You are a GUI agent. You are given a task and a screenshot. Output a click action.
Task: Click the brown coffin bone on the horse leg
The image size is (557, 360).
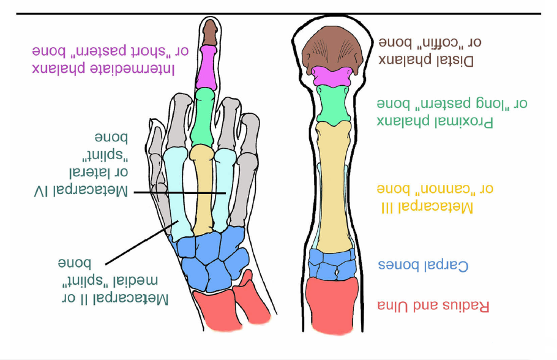[x=333, y=50]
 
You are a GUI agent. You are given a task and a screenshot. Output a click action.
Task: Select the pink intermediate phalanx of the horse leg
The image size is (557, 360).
[x=332, y=77]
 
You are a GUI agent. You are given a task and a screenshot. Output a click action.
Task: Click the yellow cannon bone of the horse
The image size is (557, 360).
[x=332, y=184]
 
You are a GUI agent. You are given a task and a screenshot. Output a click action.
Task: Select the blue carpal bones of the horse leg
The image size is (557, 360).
[x=332, y=264]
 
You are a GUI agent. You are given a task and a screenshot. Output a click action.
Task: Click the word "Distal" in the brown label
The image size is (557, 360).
[x=455, y=60]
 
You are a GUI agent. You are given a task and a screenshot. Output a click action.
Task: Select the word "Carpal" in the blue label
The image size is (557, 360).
[x=449, y=266]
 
